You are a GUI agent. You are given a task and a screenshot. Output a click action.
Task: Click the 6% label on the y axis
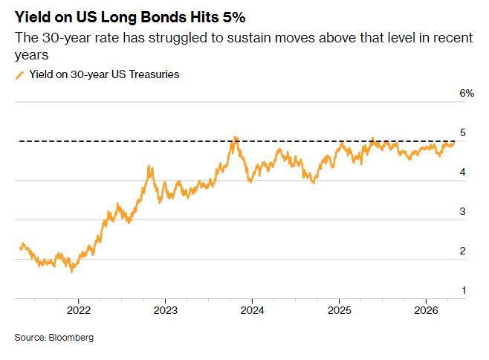click(467, 94)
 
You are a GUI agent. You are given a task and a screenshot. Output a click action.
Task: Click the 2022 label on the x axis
click(78, 310)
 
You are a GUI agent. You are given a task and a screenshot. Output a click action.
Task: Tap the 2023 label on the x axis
click(165, 310)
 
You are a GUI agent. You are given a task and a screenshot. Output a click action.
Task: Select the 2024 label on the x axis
click(252, 310)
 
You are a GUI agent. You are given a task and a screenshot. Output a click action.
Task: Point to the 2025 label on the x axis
click(339, 310)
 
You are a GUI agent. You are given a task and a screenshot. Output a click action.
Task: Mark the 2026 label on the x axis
click(426, 310)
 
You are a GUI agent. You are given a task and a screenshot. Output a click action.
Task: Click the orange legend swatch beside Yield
click(19, 74)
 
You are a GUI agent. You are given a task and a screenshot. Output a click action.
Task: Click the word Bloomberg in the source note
click(71, 338)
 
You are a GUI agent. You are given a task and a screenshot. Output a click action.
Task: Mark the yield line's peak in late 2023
click(235, 138)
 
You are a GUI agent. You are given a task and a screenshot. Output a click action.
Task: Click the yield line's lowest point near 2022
click(71, 271)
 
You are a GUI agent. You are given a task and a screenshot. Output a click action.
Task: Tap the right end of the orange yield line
click(454, 142)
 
